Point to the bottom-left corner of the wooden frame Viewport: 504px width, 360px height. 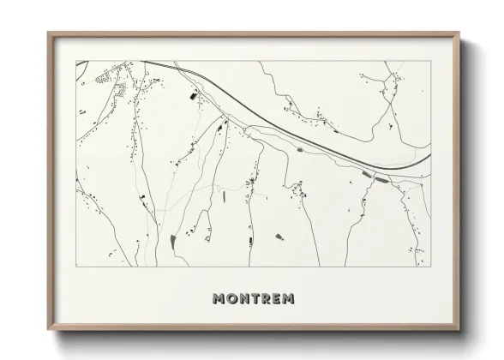click(49, 330)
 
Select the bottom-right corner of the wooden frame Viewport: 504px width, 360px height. click(459, 330)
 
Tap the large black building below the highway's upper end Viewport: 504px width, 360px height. click(193, 96)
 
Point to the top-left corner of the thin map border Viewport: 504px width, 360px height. click(76, 61)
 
